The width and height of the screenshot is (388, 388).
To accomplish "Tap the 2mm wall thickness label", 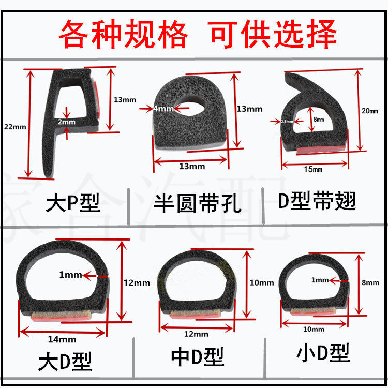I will (x=67, y=122).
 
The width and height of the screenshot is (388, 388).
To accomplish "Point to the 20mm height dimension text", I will (x=369, y=111).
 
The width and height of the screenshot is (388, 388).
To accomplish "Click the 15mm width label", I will (x=312, y=169).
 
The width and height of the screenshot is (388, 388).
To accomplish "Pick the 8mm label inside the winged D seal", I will (x=318, y=120).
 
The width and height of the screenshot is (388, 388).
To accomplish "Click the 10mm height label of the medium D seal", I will (x=262, y=282).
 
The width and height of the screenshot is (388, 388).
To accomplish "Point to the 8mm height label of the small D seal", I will (x=370, y=282).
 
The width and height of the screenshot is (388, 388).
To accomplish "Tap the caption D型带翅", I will (x=317, y=201).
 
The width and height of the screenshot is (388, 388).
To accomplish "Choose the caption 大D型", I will (x=65, y=361).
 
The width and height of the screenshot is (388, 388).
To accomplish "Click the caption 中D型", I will (x=198, y=356).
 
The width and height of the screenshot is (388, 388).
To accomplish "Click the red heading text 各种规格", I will (x=123, y=34).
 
